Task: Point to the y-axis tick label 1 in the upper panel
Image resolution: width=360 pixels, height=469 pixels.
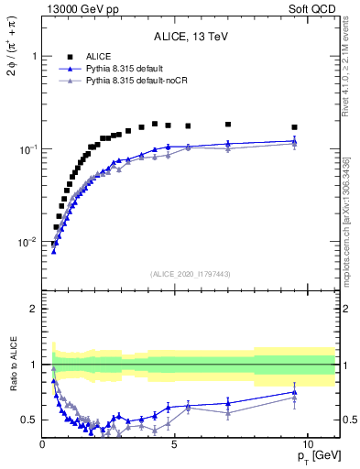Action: (33, 56)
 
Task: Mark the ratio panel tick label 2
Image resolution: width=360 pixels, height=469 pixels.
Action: (33, 309)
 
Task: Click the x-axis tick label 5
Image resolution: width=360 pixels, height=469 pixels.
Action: (175, 443)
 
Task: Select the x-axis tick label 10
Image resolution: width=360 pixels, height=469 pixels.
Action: (307, 443)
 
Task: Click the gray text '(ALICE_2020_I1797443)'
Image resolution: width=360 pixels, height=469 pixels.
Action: (191, 275)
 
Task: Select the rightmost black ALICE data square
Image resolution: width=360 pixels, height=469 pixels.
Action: (294, 127)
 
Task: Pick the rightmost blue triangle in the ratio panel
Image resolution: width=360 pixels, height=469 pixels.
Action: (294, 392)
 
